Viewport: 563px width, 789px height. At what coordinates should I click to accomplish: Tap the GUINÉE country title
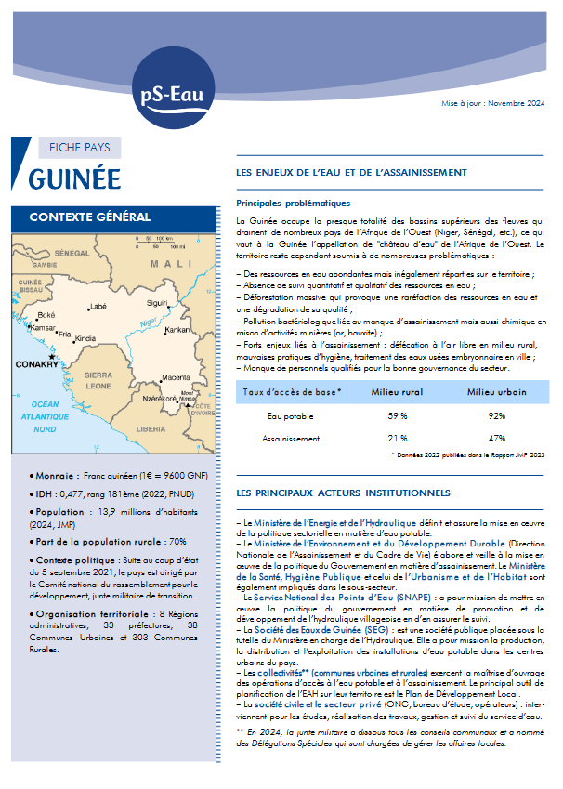point(87,178)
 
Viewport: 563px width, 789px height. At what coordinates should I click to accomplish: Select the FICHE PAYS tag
point(80,147)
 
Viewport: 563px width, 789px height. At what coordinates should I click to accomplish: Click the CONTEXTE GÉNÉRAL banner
point(90,217)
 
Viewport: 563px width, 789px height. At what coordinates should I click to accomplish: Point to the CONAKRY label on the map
point(36,364)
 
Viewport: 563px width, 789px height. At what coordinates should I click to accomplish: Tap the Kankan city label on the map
point(177,330)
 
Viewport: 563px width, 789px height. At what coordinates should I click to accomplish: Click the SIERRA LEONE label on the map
point(98,379)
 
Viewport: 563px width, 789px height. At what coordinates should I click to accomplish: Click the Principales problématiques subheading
point(293,203)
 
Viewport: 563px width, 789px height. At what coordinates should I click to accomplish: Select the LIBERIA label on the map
point(151,429)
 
